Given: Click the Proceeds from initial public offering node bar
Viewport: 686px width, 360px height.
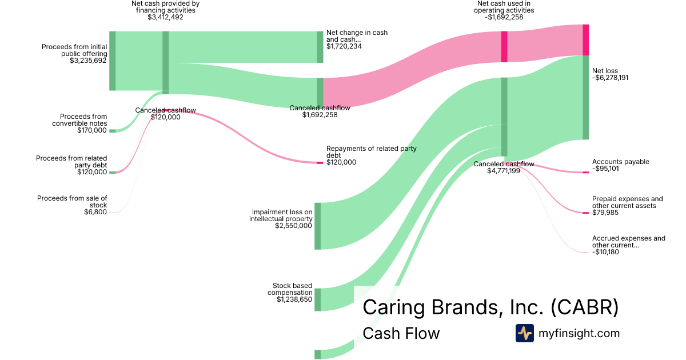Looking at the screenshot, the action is coord(113,61).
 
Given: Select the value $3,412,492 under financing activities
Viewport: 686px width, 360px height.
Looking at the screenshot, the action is coord(165,17).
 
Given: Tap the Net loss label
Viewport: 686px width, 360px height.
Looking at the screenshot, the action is coord(605,71).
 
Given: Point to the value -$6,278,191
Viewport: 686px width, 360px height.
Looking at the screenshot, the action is coord(610,78).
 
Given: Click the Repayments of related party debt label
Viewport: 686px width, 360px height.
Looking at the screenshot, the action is coord(371,151).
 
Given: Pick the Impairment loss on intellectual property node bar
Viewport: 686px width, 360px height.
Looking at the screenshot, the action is coord(318,226).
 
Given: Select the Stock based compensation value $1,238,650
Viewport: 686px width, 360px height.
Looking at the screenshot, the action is coord(294,299).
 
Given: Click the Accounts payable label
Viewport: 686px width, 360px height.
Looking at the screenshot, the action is coord(620,162).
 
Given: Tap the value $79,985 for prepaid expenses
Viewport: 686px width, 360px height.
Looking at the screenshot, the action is coord(607,213).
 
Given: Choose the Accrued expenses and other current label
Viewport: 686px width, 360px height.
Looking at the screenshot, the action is coord(628,242).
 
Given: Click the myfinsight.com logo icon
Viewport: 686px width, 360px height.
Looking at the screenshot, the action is coord(524,333).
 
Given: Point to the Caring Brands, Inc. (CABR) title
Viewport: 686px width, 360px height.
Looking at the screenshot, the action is coord(490,307).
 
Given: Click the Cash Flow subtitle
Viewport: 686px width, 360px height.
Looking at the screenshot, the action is coord(401,333).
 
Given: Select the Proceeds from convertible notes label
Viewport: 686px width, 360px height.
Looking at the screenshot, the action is coord(79,120).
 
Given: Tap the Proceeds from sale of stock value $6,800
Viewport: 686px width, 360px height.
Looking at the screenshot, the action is coord(95,213).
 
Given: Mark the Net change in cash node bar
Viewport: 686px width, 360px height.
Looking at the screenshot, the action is coord(320,47).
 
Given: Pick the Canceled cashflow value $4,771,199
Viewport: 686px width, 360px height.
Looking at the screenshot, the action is coord(504,171).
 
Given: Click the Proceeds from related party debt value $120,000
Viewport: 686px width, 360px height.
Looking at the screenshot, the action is coord(92,172).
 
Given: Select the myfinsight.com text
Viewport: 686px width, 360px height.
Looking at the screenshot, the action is coord(579,333).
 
